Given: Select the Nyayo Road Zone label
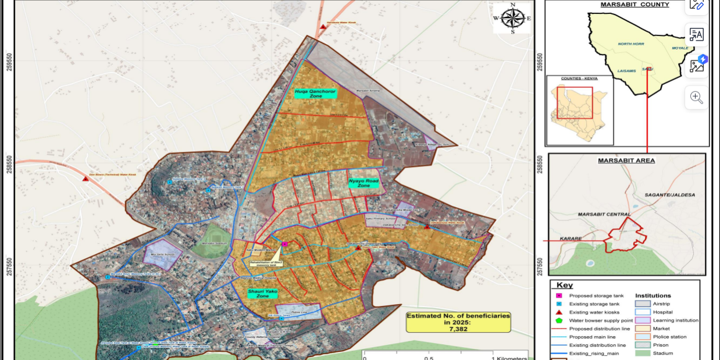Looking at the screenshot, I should (363, 183).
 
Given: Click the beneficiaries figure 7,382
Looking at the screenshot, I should (458, 329).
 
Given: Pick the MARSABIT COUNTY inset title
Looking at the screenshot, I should (626, 5).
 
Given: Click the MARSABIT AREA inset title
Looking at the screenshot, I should (626, 161).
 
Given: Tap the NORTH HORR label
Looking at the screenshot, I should (632, 44).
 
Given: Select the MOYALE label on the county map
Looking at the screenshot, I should (680, 48).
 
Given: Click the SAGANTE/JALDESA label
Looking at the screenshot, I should (669, 194).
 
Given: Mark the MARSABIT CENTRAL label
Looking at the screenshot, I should (604, 215).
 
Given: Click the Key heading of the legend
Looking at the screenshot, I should (564, 286).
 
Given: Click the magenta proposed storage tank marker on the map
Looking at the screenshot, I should (285, 244).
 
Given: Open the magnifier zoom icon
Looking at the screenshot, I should (696, 97).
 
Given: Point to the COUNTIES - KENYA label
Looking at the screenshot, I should (579, 78).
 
